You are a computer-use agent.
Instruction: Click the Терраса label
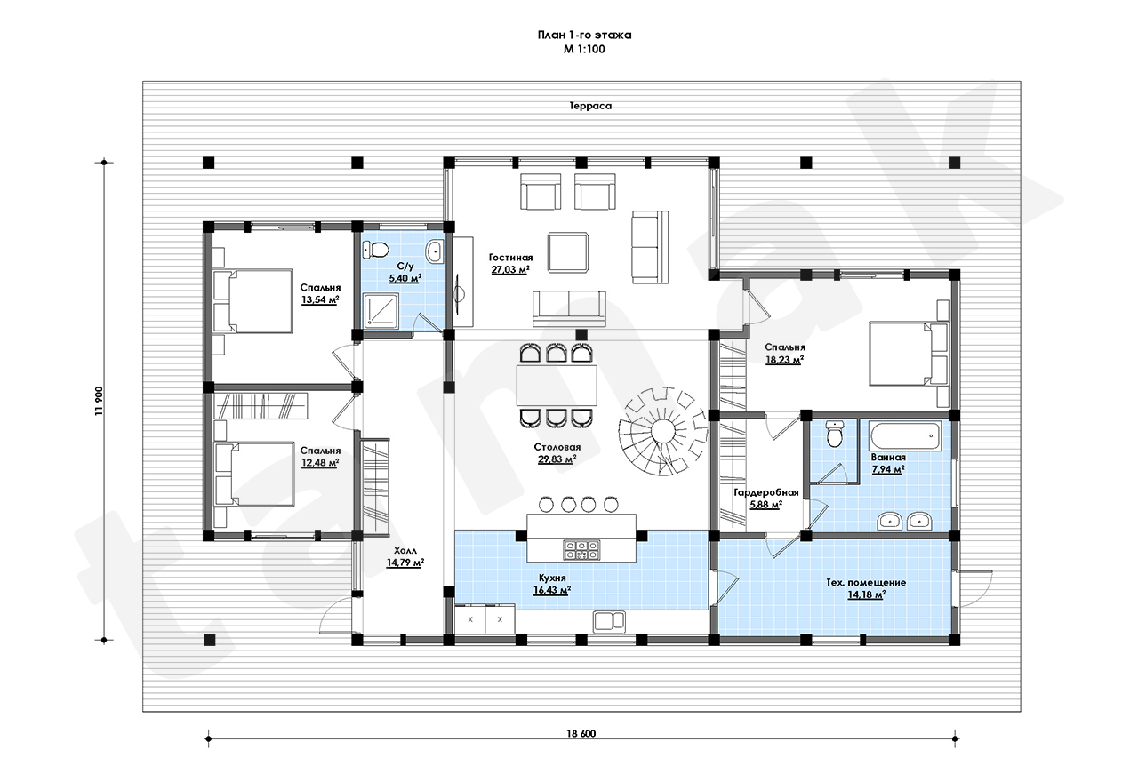[590, 106]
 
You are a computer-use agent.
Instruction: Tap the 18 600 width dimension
[581, 734]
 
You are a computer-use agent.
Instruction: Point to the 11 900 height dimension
[99, 401]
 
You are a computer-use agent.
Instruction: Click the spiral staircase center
[663, 432]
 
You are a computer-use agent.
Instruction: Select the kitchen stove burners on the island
[581, 550]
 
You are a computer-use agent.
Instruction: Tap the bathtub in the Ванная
[905, 435]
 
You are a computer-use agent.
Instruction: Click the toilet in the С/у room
[375, 250]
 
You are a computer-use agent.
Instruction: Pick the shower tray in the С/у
[381, 311]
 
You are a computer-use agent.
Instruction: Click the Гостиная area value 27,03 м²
[510, 270]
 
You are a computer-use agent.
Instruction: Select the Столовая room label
[557, 447]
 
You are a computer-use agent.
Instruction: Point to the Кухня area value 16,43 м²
[552, 590]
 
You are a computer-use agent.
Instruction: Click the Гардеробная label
[766, 492]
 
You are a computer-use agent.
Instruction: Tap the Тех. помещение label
[866, 582]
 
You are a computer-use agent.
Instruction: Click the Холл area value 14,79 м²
[405, 563]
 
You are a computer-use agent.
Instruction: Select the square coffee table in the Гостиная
[568, 252]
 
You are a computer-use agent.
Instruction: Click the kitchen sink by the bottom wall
[609, 622]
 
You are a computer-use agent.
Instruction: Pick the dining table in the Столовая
[557, 385]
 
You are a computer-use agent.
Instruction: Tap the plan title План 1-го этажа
[584, 35]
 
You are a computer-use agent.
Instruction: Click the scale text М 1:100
[584, 49]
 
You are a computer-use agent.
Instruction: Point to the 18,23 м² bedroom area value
[784, 360]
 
